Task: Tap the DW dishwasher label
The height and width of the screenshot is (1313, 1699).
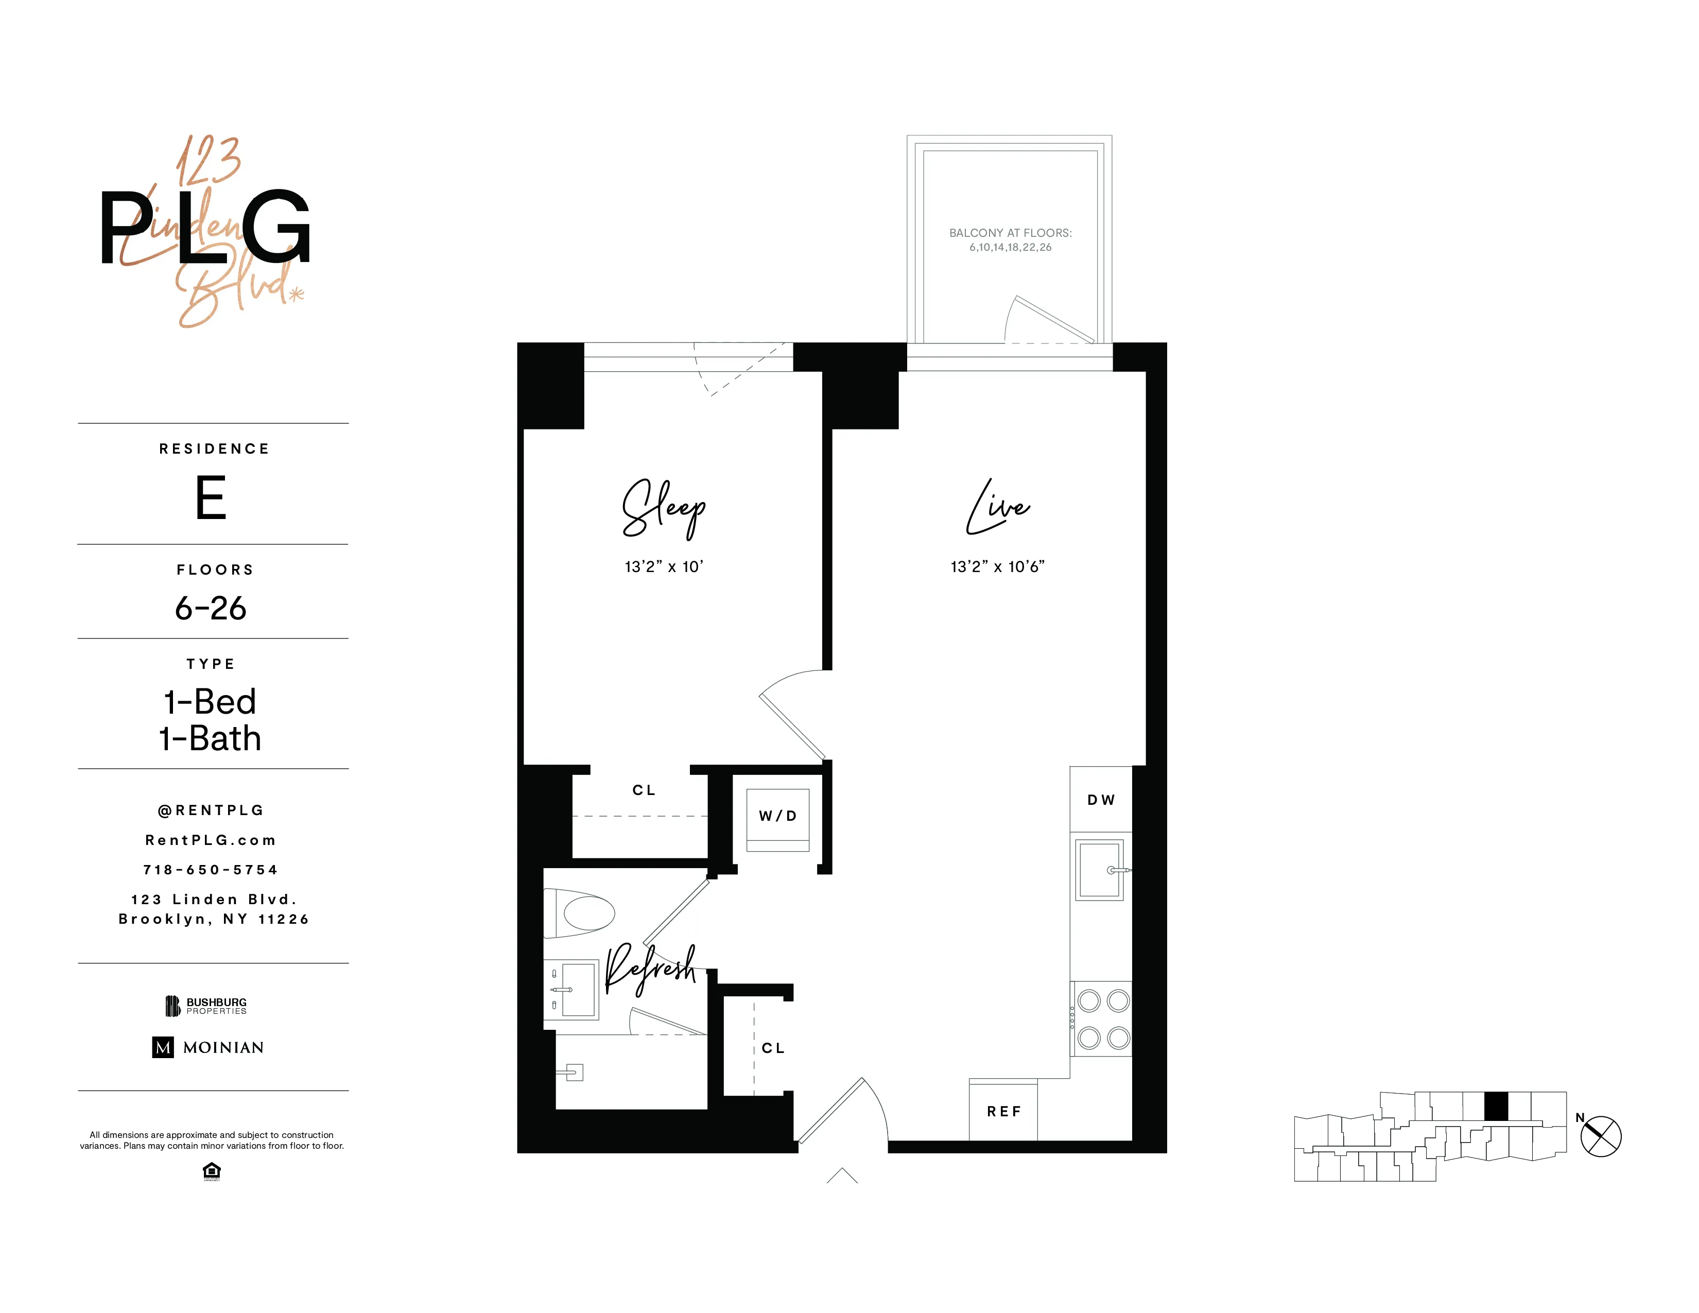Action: pos(1101,800)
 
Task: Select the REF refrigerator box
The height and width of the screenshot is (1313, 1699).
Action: pos(1003,1111)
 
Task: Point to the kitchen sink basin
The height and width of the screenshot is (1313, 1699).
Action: pos(1099,870)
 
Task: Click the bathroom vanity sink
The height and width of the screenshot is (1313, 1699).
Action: pos(577,990)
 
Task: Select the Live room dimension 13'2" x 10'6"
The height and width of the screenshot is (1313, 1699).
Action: pos(997,566)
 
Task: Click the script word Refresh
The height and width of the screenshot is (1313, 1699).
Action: pos(650,969)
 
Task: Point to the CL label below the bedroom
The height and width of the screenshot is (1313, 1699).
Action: pos(644,789)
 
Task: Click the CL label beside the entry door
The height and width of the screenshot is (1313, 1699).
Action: pos(772,1048)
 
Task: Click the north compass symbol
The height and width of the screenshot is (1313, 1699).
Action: pos(1600,1136)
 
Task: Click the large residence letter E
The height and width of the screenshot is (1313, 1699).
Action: pos(211,498)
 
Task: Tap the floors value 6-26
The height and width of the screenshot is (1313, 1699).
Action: pos(211,608)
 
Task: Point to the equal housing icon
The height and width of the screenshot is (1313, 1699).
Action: pos(211,1171)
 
